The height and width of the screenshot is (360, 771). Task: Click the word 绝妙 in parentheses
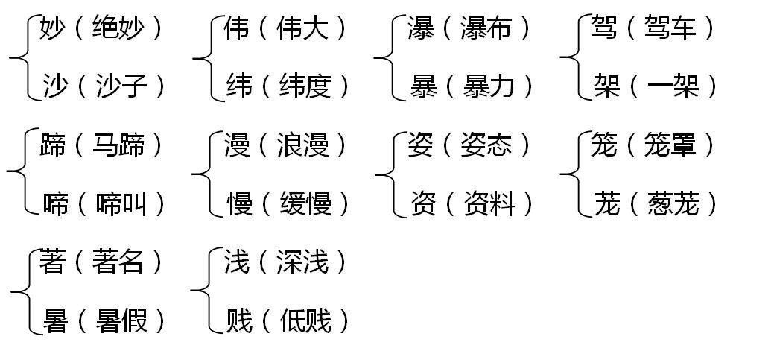(118, 29)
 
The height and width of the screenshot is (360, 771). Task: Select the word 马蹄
(118, 145)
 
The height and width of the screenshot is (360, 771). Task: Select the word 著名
(118, 262)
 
